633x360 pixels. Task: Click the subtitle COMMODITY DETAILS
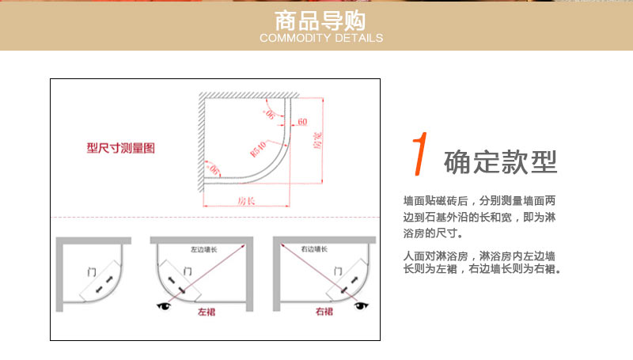[x=320, y=38]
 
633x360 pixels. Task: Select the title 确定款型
[x=501, y=161]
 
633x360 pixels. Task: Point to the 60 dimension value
[x=301, y=122]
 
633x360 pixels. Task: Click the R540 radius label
[x=257, y=147]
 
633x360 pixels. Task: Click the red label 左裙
[x=207, y=311]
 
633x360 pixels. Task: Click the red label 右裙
[x=324, y=311]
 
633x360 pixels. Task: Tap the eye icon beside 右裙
[x=362, y=305]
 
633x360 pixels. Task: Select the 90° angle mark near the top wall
[x=271, y=116]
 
